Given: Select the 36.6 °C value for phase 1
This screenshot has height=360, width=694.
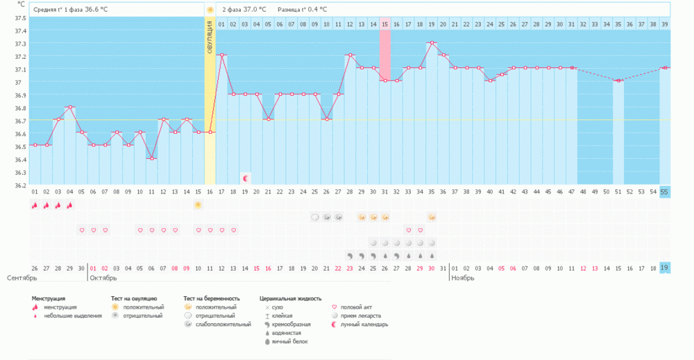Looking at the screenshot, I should point(96,10).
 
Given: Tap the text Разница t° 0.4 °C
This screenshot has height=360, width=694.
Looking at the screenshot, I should point(302,10).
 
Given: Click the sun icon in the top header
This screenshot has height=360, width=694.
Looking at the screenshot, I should point(210,10).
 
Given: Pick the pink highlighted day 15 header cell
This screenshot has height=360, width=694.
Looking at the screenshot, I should point(384,24).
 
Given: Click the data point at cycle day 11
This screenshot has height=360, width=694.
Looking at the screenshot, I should point(151,158).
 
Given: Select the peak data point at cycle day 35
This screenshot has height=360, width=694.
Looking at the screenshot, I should point(432,43).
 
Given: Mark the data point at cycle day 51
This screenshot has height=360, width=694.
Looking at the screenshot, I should point(618,81).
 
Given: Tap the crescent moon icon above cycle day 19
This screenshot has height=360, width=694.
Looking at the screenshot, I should point(245,178).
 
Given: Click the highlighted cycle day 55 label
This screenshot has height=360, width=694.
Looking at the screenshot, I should point(665,191).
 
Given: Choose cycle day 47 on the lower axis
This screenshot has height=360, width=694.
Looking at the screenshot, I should point(571,191).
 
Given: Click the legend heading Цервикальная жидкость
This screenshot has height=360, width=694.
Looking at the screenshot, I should point(290,298).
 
